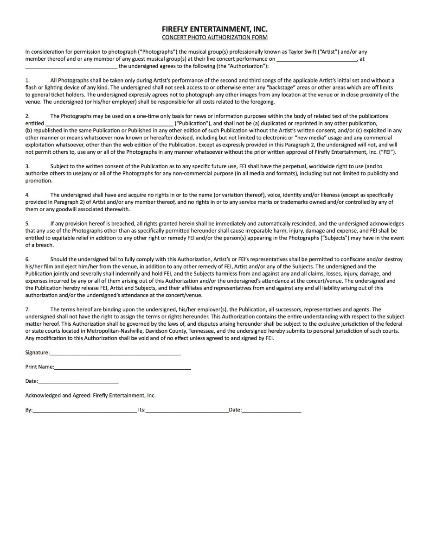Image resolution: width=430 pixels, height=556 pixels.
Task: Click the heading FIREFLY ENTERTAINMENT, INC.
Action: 215,29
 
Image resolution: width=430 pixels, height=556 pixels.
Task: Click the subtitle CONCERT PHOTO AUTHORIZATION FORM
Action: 215,38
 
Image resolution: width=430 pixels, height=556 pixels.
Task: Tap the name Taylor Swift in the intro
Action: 302,52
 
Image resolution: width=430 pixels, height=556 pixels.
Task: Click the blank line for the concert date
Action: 317,59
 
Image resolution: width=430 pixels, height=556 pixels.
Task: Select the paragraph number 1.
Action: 27,81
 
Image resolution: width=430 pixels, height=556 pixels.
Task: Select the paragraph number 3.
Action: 27,166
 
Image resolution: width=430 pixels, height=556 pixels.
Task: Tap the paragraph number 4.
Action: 27,195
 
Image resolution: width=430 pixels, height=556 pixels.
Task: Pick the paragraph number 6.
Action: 27,259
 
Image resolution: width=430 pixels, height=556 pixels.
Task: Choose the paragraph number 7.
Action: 27,310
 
